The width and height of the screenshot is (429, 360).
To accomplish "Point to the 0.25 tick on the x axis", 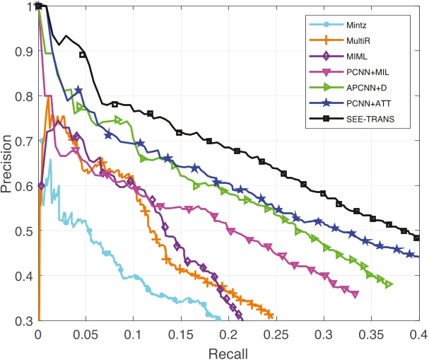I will [x=276, y=333].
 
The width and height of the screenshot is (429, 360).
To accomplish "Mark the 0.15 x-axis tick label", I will [x=181, y=333].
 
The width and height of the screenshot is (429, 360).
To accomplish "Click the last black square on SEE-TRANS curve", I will [x=416, y=238].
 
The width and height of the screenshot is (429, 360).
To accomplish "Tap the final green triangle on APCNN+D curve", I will [x=389, y=284].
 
